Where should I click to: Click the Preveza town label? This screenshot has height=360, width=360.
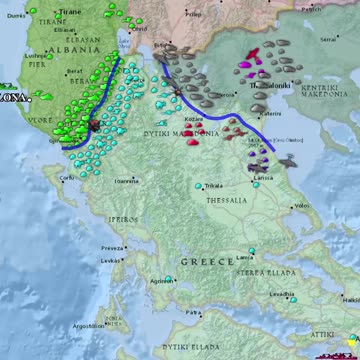112,248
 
